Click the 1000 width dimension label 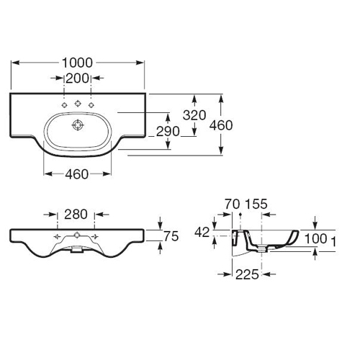(x=77, y=63)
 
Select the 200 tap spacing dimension (x=77, y=78)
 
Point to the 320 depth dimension (x=194, y=115)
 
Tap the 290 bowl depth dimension (x=168, y=132)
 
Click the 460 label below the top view (x=77, y=174)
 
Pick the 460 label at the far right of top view (x=221, y=125)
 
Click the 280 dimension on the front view (x=76, y=215)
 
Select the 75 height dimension (x=171, y=236)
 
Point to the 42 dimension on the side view (x=202, y=233)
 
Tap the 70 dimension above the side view (x=233, y=204)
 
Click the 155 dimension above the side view (x=256, y=204)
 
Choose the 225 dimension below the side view (x=247, y=274)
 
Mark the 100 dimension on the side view (x=316, y=239)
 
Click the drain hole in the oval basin (x=78, y=125)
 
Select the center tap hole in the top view (x=77, y=104)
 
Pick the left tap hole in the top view (x=64, y=105)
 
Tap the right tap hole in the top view (x=91, y=105)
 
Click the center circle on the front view (x=77, y=235)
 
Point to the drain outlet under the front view (x=77, y=250)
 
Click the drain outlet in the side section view (x=262, y=250)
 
